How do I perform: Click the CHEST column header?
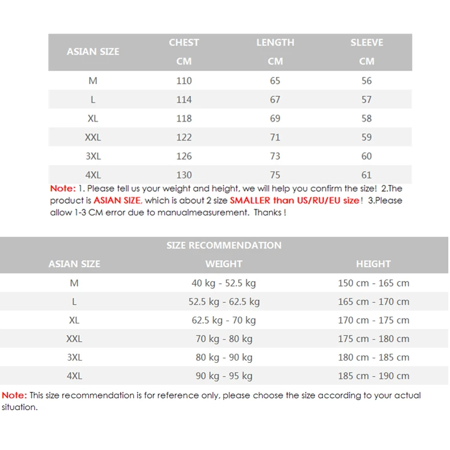click(184, 43)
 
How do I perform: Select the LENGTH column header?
click(275, 43)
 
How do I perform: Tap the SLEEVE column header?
click(367, 43)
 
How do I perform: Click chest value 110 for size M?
click(184, 81)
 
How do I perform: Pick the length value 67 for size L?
click(275, 100)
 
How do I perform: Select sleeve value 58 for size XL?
click(367, 118)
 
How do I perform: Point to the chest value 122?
click(184, 137)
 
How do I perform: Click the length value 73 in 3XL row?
click(275, 156)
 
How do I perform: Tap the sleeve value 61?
click(367, 175)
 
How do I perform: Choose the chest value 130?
click(184, 175)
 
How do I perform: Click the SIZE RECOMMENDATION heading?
click(224, 246)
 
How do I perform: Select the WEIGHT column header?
click(224, 264)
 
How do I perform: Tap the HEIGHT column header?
click(373, 264)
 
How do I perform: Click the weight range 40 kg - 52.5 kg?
click(224, 283)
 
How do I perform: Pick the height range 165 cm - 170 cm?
click(374, 302)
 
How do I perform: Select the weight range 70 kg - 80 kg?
click(224, 339)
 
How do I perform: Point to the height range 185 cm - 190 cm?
click(374, 376)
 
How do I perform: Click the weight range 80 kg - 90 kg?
click(224, 358)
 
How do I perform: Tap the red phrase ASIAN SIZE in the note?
click(117, 201)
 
